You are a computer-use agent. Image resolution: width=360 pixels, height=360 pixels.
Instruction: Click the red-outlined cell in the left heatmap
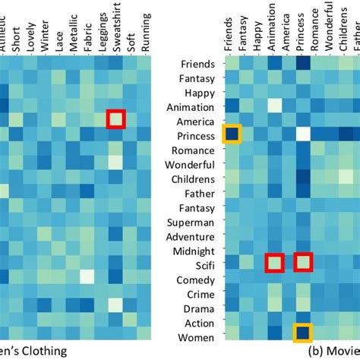coord(115,118)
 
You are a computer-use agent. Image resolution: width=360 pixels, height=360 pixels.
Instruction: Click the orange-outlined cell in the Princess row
coord(230,134)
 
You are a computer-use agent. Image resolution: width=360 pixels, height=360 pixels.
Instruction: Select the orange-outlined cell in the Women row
coord(303,333)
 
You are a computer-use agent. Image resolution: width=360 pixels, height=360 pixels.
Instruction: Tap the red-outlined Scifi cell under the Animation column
coord(273,263)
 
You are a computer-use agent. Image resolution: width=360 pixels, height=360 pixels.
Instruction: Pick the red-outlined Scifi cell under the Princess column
coord(303,263)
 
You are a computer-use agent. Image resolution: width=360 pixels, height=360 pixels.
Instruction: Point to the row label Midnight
coord(195,251)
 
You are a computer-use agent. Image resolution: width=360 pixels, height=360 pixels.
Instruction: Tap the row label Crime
coord(201,294)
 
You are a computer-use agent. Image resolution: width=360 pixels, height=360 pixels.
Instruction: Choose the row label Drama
coord(199,308)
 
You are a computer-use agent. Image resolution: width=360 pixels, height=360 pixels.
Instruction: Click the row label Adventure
coord(194,236)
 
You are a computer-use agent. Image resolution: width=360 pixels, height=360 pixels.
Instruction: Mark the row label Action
coord(199,323)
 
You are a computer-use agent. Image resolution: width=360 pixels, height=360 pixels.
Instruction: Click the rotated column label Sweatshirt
coord(115,27)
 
